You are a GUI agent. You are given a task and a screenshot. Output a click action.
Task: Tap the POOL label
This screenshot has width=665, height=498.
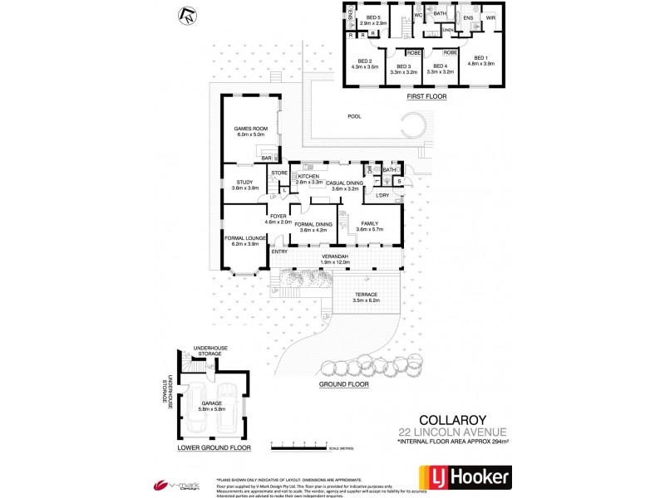tap(355, 117)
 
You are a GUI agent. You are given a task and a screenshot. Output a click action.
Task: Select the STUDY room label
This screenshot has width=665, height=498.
tap(244, 182)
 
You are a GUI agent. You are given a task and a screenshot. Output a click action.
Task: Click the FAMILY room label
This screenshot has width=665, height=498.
tap(370, 223)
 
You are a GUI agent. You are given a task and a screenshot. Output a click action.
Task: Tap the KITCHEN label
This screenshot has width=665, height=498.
tap(308, 177)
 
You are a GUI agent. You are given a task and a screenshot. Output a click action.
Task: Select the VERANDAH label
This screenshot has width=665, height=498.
tap(335, 257)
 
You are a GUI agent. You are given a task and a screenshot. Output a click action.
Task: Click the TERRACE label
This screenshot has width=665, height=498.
tap(367, 295)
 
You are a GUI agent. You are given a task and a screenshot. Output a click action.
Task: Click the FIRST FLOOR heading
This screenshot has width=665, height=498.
tap(426, 97)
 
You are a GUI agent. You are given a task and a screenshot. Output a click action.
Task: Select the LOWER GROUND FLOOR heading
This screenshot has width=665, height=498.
tap(214, 447)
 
